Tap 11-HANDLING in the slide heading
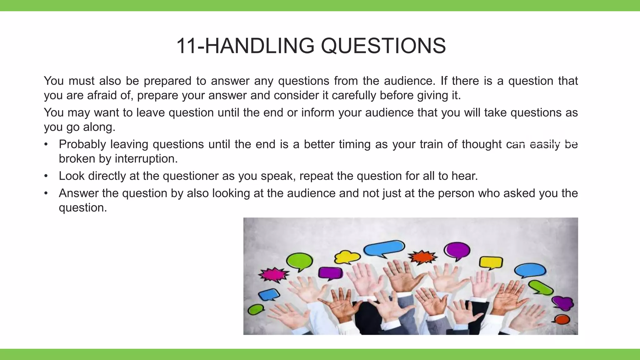pos(245,46)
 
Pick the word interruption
pos(146,159)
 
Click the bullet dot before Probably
pos(46,144)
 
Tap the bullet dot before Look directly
pos(46,176)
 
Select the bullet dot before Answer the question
pos(46,193)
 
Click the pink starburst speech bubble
pos(273,275)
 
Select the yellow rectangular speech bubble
pos(491,262)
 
